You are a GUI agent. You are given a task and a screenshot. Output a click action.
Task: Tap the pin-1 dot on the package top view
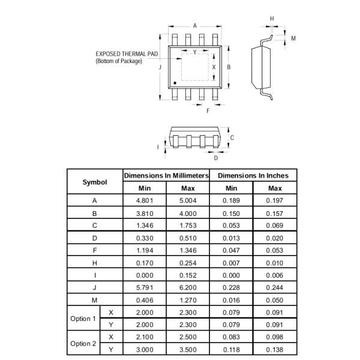(175, 82)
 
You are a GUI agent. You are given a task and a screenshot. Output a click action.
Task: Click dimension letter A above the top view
(195, 25)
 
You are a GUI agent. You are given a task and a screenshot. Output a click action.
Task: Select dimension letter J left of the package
(160, 67)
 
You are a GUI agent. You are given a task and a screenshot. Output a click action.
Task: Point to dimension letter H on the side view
(272, 19)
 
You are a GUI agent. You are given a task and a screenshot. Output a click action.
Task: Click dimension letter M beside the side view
(293, 38)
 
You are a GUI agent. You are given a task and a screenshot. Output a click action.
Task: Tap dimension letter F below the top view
(208, 111)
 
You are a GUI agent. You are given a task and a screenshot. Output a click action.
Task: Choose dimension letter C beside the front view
(232, 137)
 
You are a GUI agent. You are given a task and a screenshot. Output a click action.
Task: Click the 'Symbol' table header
(95, 182)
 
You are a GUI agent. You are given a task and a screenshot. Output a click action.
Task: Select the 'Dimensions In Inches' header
(253, 176)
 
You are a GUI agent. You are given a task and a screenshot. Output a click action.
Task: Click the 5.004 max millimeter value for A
(188, 201)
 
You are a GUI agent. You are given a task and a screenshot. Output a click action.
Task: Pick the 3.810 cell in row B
(145, 213)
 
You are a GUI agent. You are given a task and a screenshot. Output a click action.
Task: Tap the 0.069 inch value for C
(274, 226)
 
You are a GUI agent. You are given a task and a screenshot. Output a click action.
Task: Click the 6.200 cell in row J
(188, 287)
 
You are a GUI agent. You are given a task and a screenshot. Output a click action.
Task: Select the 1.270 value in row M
(188, 300)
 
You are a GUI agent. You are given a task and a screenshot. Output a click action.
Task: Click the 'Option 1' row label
(83, 319)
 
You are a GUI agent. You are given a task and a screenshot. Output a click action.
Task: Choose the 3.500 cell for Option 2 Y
(188, 349)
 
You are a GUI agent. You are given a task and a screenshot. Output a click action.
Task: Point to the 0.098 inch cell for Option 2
(274, 337)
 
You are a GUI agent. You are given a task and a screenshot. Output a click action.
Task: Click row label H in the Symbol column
(95, 263)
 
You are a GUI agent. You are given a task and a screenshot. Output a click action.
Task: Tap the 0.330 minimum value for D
(145, 238)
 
